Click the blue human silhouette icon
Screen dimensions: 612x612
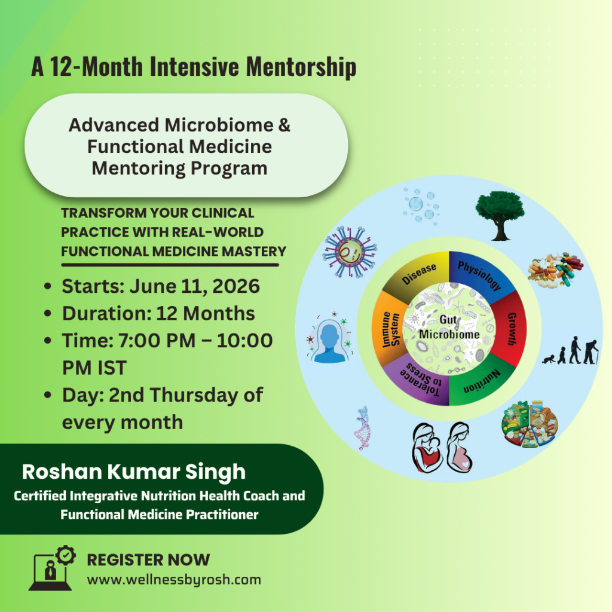330,341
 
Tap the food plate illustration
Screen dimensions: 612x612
528,425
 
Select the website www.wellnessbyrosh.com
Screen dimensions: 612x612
174,579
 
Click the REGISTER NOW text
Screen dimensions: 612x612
148,560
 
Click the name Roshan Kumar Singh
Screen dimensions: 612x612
134,472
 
